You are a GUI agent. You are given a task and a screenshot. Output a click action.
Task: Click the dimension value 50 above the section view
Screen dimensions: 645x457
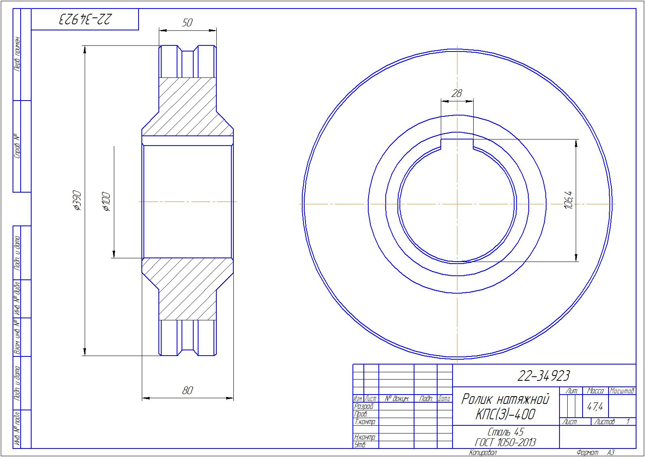pyautogui.click(x=187, y=22)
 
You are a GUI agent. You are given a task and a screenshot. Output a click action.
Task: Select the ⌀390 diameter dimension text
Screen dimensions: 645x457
pyautogui.click(x=77, y=201)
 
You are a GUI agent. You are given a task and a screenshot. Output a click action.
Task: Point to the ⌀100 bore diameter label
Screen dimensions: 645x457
pyautogui.click(x=106, y=202)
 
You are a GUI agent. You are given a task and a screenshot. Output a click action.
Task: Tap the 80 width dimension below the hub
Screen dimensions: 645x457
pyautogui.click(x=188, y=390)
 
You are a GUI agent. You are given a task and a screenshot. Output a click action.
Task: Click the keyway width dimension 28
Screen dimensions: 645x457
pyautogui.click(x=457, y=93)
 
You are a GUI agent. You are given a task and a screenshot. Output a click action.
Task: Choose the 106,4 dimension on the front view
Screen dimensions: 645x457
pyautogui.click(x=569, y=200)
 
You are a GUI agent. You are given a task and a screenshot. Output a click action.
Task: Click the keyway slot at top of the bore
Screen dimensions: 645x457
pyautogui.click(x=457, y=143)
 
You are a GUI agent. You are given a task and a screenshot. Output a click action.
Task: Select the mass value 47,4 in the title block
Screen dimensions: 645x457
pyautogui.click(x=595, y=406)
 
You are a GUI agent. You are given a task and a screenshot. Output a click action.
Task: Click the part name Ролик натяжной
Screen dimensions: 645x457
pyautogui.click(x=505, y=399)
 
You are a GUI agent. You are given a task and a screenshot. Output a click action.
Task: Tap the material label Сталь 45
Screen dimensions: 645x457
pyautogui.click(x=506, y=432)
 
